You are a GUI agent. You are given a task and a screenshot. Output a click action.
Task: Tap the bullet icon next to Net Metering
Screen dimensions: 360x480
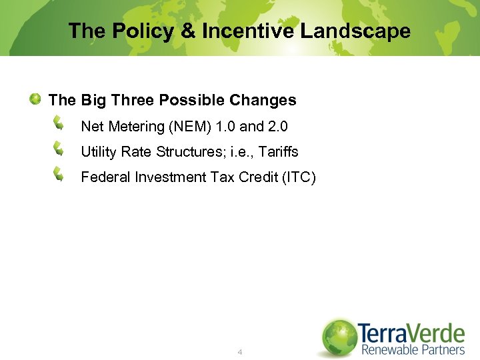[x=59, y=124]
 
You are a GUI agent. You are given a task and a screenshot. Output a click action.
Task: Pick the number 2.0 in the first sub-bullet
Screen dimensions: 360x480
[x=278, y=126]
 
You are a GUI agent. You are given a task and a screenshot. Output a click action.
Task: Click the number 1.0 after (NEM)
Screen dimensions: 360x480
[x=225, y=126]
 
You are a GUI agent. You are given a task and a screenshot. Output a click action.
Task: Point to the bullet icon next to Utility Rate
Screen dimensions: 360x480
[x=59, y=149]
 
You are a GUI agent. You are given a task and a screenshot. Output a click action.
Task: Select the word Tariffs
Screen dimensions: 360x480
[x=279, y=151]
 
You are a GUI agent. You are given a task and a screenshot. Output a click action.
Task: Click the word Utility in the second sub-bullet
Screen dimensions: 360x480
[x=98, y=151]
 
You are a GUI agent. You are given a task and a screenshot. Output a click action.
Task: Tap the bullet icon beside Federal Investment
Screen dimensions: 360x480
[x=59, y=175]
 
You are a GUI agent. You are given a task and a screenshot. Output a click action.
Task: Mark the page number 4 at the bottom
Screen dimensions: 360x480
[x=240, y=351]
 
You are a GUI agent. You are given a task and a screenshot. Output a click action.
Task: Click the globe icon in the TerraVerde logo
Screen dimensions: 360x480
[x=339, y=337]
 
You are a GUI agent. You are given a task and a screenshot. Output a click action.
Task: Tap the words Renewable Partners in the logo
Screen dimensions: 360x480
[x=413, y=349]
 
